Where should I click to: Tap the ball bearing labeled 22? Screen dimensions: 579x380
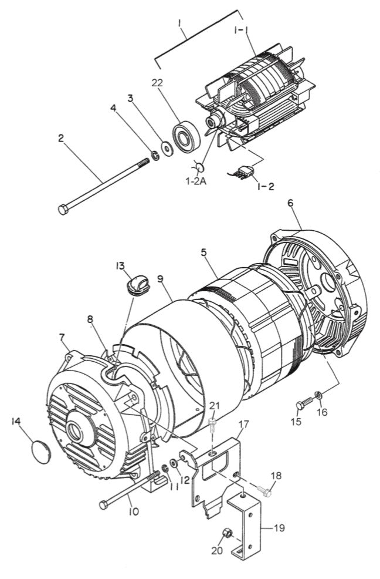(x=186, y=137)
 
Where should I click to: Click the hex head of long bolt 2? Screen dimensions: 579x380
(x=63, y=209)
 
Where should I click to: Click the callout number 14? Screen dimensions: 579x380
(x=16, y=422)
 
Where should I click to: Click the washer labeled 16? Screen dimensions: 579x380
(x=317, y=394)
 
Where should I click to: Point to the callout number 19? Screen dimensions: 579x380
(x=279, y=528)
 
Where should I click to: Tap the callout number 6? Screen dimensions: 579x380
(x=290, y=204)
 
